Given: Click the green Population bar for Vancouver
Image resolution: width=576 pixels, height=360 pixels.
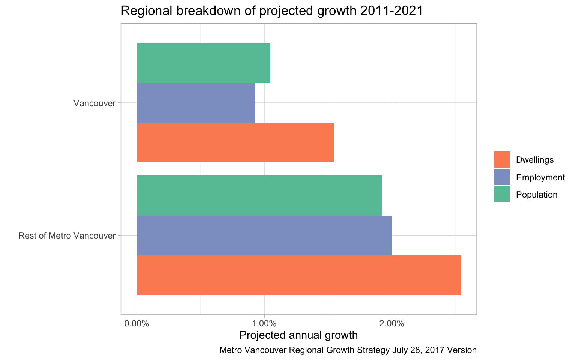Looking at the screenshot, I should tap(203, 63).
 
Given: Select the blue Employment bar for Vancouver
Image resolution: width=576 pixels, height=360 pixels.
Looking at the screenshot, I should tap(196, 103).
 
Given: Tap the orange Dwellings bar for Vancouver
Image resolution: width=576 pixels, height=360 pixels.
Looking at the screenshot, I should tap(235, 142).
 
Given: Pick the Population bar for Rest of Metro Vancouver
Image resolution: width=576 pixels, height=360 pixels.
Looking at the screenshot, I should tap(259, 195).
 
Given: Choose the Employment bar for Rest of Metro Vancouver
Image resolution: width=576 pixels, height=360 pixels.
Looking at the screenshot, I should tap(264, 235).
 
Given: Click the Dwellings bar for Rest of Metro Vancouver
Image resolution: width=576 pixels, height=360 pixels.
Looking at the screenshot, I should tap(298, 275).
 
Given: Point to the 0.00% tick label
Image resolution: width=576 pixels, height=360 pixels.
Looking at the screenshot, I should tap(137, 323).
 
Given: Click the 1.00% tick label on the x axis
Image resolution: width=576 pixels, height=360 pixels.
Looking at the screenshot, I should tap(264, 323).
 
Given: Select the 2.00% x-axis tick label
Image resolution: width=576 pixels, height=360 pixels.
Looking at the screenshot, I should tap(392, 323).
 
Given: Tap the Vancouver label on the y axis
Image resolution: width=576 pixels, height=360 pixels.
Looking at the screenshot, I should tap(94, 103).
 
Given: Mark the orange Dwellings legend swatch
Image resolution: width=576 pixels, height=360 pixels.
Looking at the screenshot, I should tap(502, 160).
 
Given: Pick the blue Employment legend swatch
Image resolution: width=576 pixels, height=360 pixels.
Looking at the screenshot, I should tap(502, 177).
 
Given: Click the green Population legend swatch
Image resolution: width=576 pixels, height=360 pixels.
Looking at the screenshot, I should tap(502, 195).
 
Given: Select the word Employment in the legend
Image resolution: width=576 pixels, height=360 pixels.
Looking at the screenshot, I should tap(540, 177).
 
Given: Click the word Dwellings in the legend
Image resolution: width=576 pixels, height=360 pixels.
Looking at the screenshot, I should tap(535, 160).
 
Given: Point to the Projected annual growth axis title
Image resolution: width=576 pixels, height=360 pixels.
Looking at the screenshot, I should tap(298, 334).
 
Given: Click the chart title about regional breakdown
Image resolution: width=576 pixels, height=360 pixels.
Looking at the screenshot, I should tap(271, 11).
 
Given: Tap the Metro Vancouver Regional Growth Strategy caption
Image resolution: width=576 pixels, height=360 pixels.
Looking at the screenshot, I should tap(348, 350).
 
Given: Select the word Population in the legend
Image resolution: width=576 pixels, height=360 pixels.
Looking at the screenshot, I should tap(537, 195).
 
